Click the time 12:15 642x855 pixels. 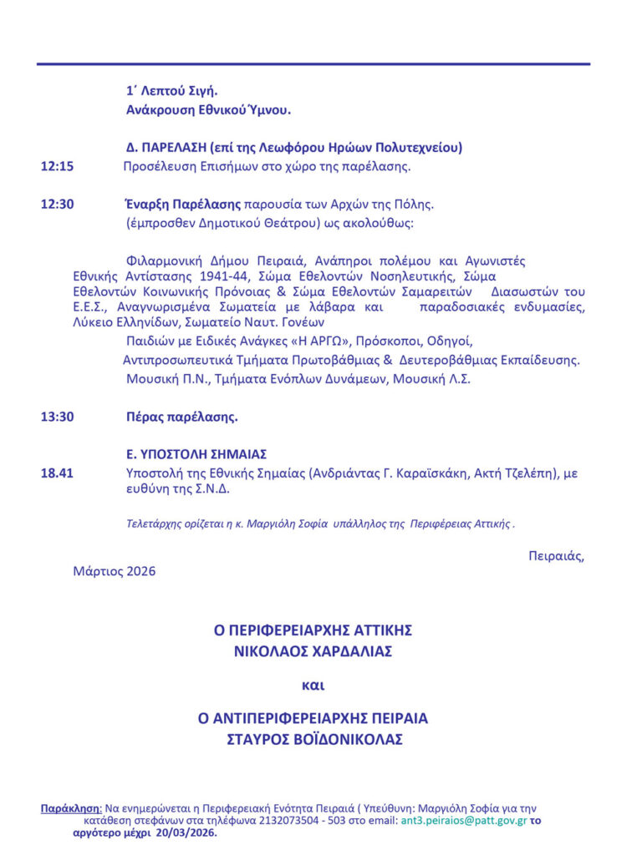coord(57,166)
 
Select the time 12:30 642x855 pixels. coord(57,204)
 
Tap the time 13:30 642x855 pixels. coord(57,417)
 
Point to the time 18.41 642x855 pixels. coord(57,473)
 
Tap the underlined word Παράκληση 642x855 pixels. coord(70,808)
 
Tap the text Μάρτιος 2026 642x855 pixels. coord(115,572)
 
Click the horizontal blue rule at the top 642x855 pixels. coord(313,64)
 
